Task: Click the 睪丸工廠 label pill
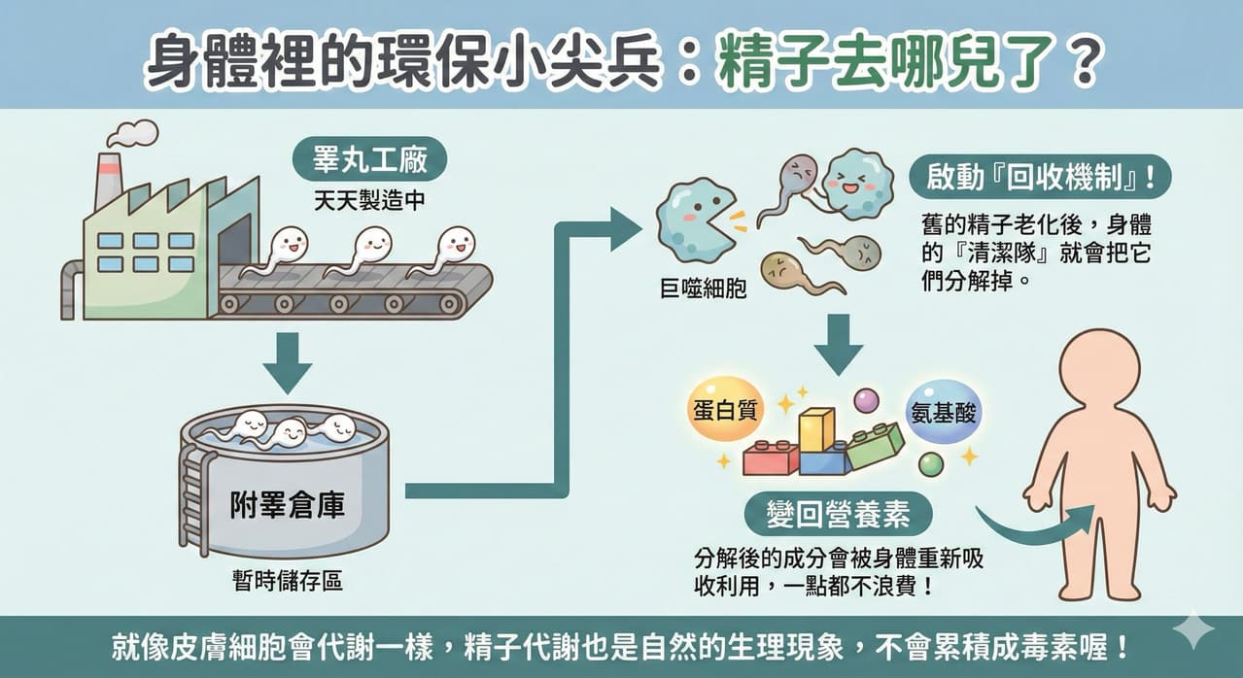tap(369, 159)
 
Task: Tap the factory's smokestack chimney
tap(108, 181)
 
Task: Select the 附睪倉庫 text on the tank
tap(288, 504)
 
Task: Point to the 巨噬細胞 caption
tap(703, 289)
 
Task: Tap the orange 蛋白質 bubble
tap(725, 410)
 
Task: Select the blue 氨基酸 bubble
tap(943, 413)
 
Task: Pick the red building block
tap(771, 458)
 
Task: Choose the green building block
tap(875, 446)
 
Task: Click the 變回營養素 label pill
tap(838, 514)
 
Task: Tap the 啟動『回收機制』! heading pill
tap(1041, 177)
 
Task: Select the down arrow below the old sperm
tap(839, 345)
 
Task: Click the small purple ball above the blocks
tap(866, 400)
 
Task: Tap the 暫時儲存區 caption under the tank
tap(288, 581)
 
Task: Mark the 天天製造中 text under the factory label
tap(369, 200)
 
